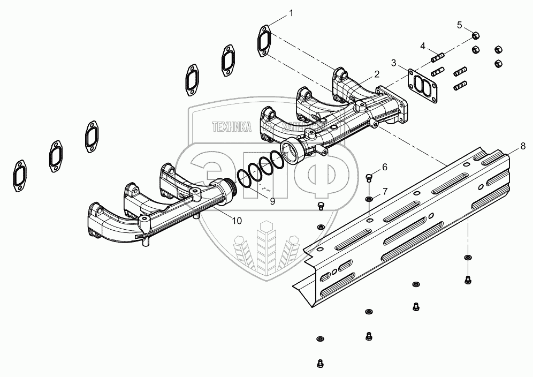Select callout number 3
click(393, 63)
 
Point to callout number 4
click(423, 46)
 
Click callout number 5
click(460, 25)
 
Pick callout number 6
click(384, 167)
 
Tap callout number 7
click(384, 191)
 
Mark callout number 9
click(272, 201)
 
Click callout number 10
click(237, 220)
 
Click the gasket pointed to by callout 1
click(264, 40)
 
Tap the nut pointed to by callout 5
click(476, 36)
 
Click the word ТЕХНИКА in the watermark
click(232, 127)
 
